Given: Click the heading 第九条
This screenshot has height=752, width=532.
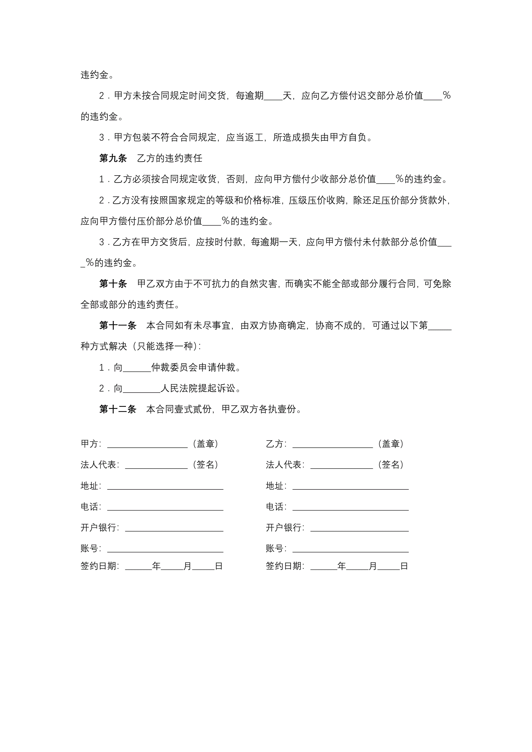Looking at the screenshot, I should click(x=113, y=158).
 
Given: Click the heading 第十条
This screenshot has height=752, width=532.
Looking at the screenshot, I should click(x=113, y=284).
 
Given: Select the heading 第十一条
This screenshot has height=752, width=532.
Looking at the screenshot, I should click(x=118, y=325).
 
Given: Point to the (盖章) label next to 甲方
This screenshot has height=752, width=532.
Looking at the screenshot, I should click(x=205, y=444).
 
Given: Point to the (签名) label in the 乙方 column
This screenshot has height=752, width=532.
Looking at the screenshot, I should click(x=390, y=464).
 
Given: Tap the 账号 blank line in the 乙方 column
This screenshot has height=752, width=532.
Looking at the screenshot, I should click(x=350, y=549).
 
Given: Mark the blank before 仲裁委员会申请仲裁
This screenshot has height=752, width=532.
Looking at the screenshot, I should click(x=137, y=369).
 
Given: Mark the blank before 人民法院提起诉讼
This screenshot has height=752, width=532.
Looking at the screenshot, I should click(x=141, y=390).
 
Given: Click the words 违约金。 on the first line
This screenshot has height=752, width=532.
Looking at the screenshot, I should click(x=97, y=75).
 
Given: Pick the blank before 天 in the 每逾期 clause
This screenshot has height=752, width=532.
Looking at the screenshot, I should click(x=273, y=97).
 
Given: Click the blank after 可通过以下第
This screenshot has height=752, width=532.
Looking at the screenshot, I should click(x=440, y=327).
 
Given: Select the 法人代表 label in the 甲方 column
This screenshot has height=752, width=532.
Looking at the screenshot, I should click(x=100, y=465).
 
